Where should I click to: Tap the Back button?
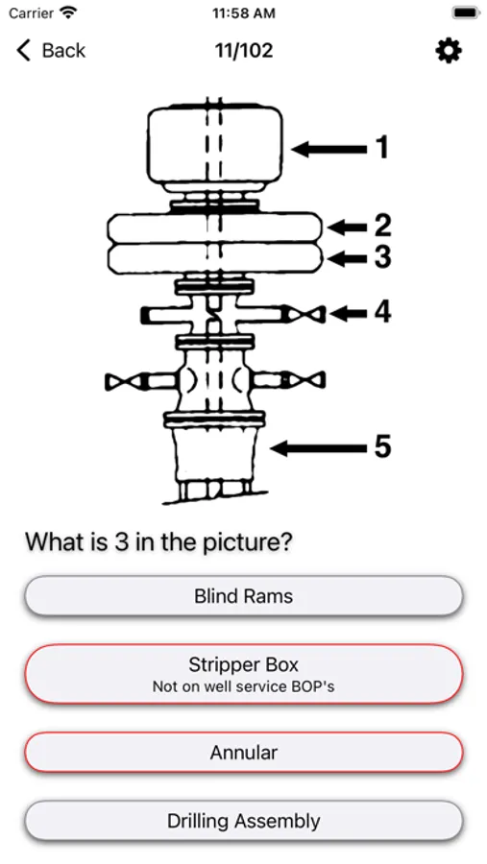[x=51, y=51]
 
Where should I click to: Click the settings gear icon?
[x=449, y=51]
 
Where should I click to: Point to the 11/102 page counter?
[x=244, y=51]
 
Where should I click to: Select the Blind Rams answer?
[x=243, y=595]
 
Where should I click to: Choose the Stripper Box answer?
[x=243, y=673]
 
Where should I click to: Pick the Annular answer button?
[x=243, y=752]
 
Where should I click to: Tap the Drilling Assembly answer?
[x=243, y=821]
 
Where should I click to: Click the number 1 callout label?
[x=381, y=148]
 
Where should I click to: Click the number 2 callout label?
[x=382, y=226]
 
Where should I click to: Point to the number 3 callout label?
[x=382, y=256]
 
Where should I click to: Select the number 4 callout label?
[x=382, y=312]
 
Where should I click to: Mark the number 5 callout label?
[x=382, y=446]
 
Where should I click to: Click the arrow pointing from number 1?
[x=329, y=149]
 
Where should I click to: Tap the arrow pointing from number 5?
[x=318, y=448]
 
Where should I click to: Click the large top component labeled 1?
[x=215, y=146]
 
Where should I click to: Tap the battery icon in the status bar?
[x=465, y=12]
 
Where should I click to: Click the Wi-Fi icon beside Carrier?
[x=68, y=12]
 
